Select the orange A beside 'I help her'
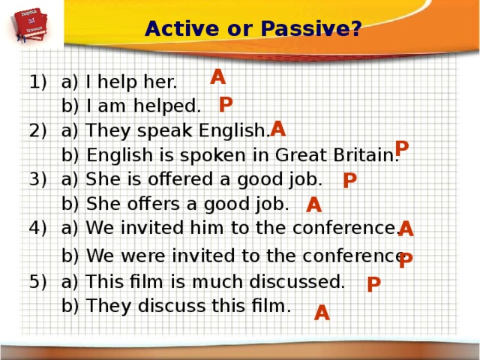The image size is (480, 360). click(217, 77)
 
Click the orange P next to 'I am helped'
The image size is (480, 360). click(226, 104)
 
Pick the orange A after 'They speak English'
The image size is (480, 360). click(277, 128)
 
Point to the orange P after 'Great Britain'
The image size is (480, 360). click(402, 148)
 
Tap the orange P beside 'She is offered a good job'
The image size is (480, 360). click(349, 181)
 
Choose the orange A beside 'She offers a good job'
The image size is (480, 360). click(314, 205)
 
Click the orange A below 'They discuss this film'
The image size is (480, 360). click(322, 312)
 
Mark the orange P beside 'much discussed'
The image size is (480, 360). click(373, 284)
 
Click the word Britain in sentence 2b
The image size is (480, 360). click(368, 156)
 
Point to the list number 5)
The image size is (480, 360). click(38, 282)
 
